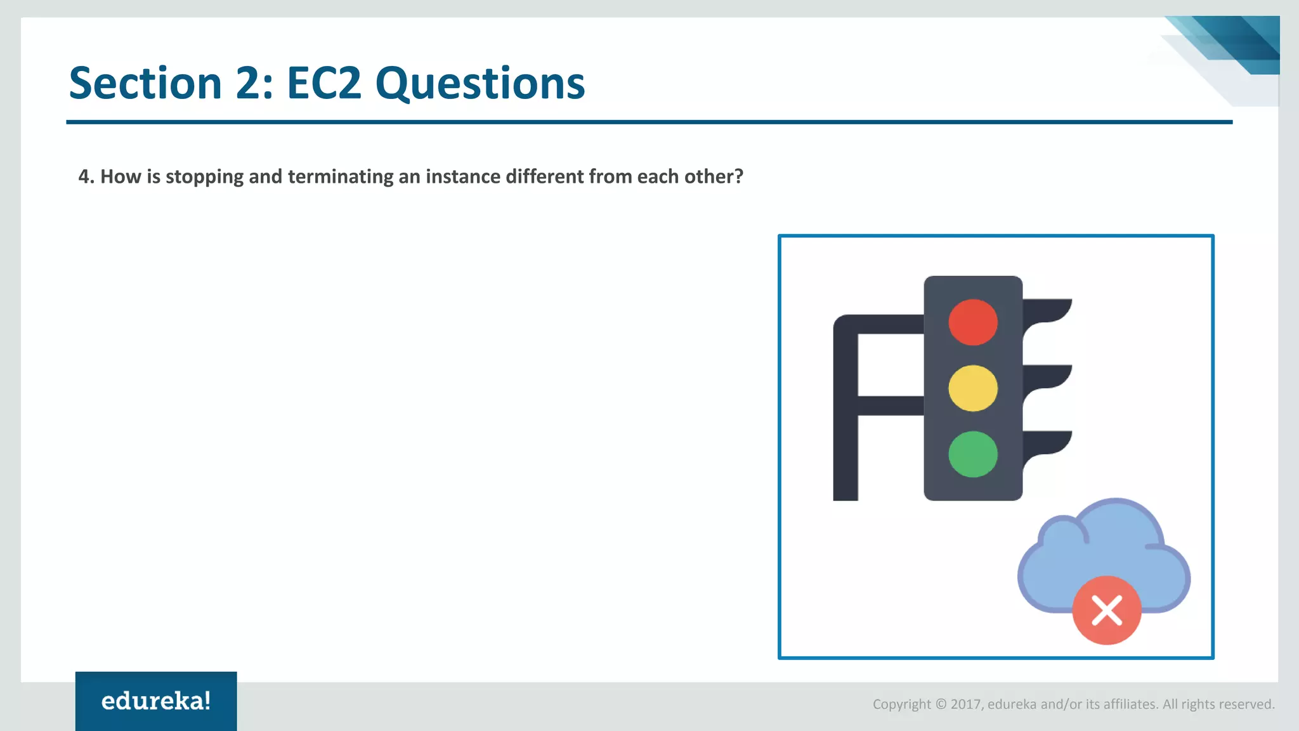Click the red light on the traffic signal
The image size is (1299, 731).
(973, 322)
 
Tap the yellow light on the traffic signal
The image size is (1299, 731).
(973, 388)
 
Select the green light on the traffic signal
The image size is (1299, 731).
(973, 454)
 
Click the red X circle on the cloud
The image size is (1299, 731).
(1107, 610)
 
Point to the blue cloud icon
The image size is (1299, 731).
(1104, 546)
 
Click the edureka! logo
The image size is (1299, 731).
(156, 701)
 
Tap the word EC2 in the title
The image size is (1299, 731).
(324, 83)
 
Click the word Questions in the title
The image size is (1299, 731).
(480, 84)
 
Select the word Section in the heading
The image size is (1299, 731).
(145, 83)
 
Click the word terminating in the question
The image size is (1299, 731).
(341, 176)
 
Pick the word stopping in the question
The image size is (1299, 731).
(204, 177)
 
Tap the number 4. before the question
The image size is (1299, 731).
(86, 176)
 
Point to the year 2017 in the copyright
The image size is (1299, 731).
(965, 704)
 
